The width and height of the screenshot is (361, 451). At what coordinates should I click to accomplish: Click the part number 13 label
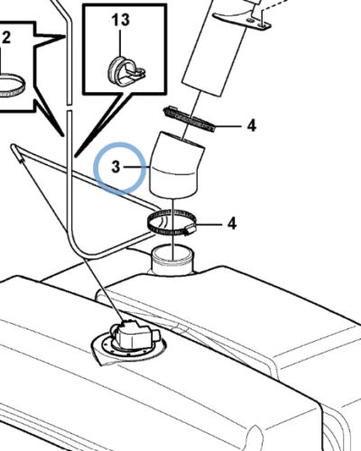[x=121, y=20]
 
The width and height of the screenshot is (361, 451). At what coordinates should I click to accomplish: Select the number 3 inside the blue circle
[x=116, y=167]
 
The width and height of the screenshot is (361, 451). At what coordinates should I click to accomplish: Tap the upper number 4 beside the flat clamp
[x=252, y=125]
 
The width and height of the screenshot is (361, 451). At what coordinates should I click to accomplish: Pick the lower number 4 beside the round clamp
[x=232, y=224]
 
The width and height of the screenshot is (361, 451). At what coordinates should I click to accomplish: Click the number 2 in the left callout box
[x=6, y=37]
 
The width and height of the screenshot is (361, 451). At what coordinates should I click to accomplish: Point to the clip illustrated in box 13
[x=126, y=71]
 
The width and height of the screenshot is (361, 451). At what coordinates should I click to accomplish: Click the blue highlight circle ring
[x=120, y=143]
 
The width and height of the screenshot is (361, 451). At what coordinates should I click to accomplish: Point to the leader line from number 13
[x=121, y=42]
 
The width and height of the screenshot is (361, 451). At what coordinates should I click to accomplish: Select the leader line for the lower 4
[x=209, y=224]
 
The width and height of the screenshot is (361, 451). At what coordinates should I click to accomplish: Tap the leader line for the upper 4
[x=228, y=126]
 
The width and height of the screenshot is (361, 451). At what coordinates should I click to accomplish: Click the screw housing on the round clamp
[x=190, y=230]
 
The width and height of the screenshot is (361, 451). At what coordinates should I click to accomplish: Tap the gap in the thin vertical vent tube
[x=69, y=107]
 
